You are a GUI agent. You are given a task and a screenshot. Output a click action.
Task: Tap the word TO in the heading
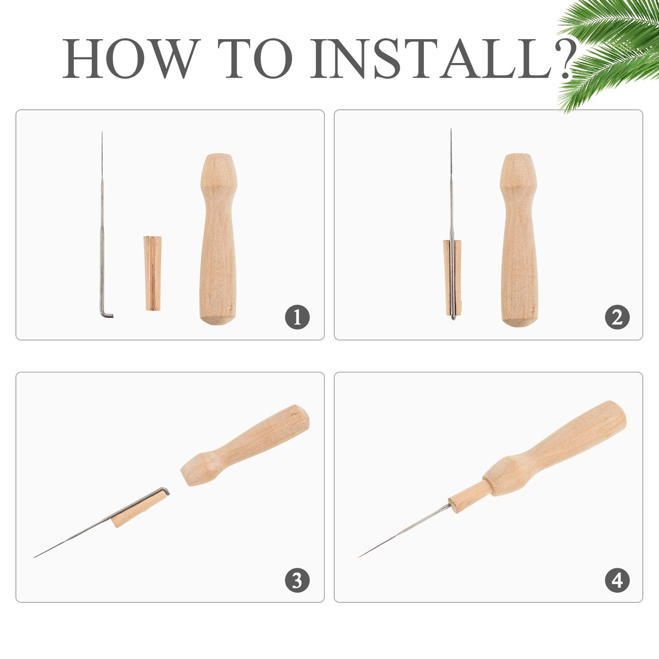[255, 59]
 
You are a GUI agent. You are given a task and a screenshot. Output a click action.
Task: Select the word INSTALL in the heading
[431, 59]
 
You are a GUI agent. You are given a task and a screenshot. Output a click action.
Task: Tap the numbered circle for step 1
[297, 317]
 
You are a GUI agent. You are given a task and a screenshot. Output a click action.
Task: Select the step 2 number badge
[617, 317]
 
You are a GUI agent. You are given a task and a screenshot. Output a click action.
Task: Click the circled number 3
[297, 580]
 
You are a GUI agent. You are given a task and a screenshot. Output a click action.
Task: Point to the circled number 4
[617, 580]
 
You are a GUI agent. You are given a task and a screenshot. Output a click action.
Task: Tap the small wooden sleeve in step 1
[153, 273]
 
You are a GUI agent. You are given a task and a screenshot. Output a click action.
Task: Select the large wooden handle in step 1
[218, 239]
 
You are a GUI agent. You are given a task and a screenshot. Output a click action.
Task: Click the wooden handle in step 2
[519, 240]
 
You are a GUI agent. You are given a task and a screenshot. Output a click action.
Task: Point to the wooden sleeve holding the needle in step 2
[452, 277]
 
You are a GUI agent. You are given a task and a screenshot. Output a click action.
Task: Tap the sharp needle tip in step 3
[34, 557]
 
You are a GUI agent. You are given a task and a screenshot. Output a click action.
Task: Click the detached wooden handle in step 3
[245, 445]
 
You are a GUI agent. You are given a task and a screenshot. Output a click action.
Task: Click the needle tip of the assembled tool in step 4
[359, 557]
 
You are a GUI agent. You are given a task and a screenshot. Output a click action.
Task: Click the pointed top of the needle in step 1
[102, 132]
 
